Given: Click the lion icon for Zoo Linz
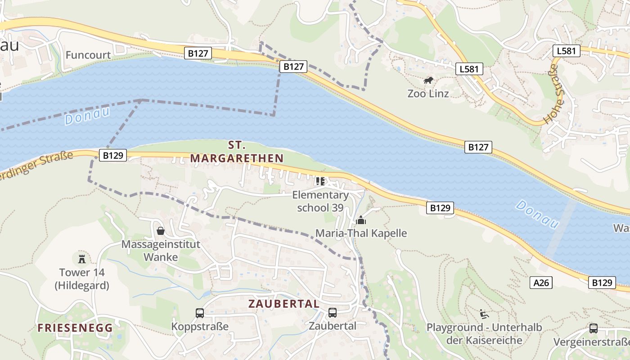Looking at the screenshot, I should point(428,81).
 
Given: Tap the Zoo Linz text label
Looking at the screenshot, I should point(428,94).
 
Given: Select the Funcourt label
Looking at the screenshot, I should point(88,55).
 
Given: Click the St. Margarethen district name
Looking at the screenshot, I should point(237,152).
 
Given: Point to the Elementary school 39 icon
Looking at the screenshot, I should point(320,181).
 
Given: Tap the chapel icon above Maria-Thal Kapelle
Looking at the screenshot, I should point(360,220).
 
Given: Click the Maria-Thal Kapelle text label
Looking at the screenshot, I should point(361,233).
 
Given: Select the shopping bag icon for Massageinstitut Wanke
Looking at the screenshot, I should point(161,231).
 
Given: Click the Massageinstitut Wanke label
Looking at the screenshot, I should point(161,251).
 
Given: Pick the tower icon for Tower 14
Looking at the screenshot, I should point(82,259).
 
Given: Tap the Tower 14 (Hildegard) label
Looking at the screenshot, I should point(82,279).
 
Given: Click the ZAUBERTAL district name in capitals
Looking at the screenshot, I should point(284,304).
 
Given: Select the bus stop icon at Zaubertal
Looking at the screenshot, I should point(333,313).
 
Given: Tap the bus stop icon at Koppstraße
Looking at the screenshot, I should point(200,313).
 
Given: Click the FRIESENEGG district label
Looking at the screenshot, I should point(75,328).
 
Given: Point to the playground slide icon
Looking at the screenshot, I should point(484,314).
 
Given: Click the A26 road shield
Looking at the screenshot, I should point(541,283).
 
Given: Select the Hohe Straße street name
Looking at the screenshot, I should point(553,94).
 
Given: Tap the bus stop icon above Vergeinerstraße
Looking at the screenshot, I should point(594,328).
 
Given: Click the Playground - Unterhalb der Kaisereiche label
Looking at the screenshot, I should point(484,333).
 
